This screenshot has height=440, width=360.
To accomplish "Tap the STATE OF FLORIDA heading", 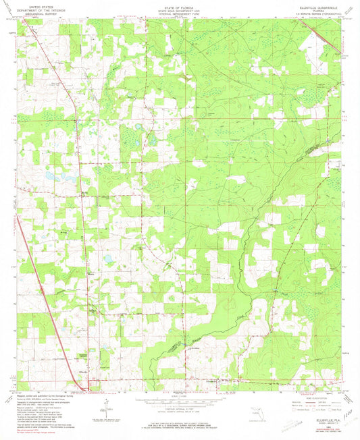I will coord(179,7).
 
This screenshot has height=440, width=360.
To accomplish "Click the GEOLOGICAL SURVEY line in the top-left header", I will coord(38,14).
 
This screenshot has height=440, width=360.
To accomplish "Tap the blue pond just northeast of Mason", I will coord(107,258).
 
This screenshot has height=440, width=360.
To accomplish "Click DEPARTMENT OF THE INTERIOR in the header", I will coord(38,10).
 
